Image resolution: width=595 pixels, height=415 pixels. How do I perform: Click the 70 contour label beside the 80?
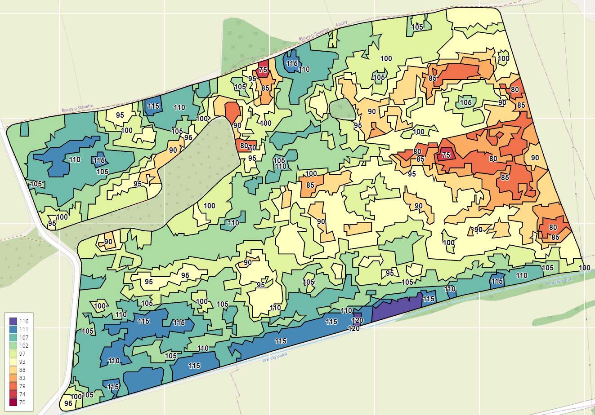point(252,147)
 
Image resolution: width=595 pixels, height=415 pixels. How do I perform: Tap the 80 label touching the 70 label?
point(244,145)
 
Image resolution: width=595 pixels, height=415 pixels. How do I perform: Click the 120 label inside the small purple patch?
point(357,320)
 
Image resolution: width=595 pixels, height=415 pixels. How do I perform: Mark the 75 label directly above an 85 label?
point(263,70)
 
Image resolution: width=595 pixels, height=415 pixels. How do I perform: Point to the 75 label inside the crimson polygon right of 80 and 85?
point(446,155)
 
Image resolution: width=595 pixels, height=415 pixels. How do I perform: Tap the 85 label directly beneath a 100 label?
point(310,185)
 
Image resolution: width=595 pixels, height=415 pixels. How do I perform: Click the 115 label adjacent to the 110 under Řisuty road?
point(292,64)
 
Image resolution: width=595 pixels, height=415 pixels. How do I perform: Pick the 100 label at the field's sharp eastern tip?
point(584,268)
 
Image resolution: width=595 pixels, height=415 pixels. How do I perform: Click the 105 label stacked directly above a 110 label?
point(279,160)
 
